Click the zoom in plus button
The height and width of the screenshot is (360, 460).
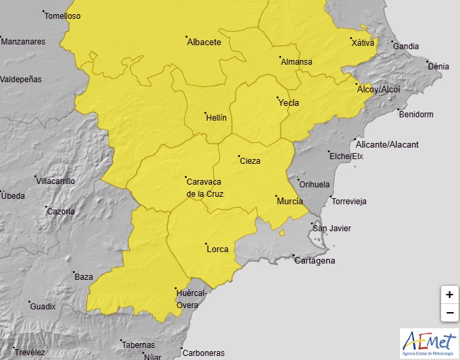pos(449,295)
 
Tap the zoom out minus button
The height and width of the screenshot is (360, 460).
pos(449,313)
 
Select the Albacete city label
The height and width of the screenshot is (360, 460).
pos(204,42)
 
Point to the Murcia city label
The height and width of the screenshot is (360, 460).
pos(289,201)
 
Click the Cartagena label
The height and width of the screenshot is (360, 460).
pos(314,261)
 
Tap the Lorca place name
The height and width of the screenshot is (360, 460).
pos(217,249)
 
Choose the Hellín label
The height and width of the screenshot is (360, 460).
pos(216,117)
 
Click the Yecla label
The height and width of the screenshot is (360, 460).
pos(288,103)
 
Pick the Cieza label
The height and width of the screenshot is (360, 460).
pos(250,160)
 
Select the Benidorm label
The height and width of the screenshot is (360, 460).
pos(416,114)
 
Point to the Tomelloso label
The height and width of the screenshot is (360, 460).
pos(62,16)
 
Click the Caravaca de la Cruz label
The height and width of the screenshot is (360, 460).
pos(204,187)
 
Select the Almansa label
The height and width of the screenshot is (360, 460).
pos(296,62)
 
